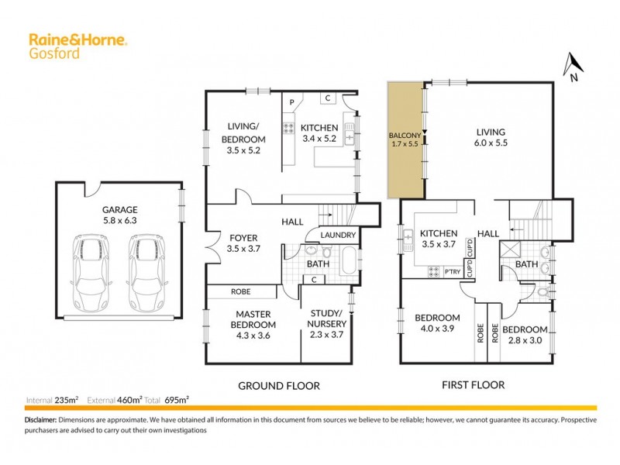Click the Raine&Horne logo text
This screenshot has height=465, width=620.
(x=77, y=39)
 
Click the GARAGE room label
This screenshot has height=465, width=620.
(x=119, y=209)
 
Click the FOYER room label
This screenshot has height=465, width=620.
(x=243, y=238)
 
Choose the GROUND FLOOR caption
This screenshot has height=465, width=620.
(x=278, y=385)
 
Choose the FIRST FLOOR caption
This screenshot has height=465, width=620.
(x=473, y=384)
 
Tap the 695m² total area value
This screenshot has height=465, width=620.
(x=177, y=400)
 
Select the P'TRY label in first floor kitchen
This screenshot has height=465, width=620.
(x=453, y=271)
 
